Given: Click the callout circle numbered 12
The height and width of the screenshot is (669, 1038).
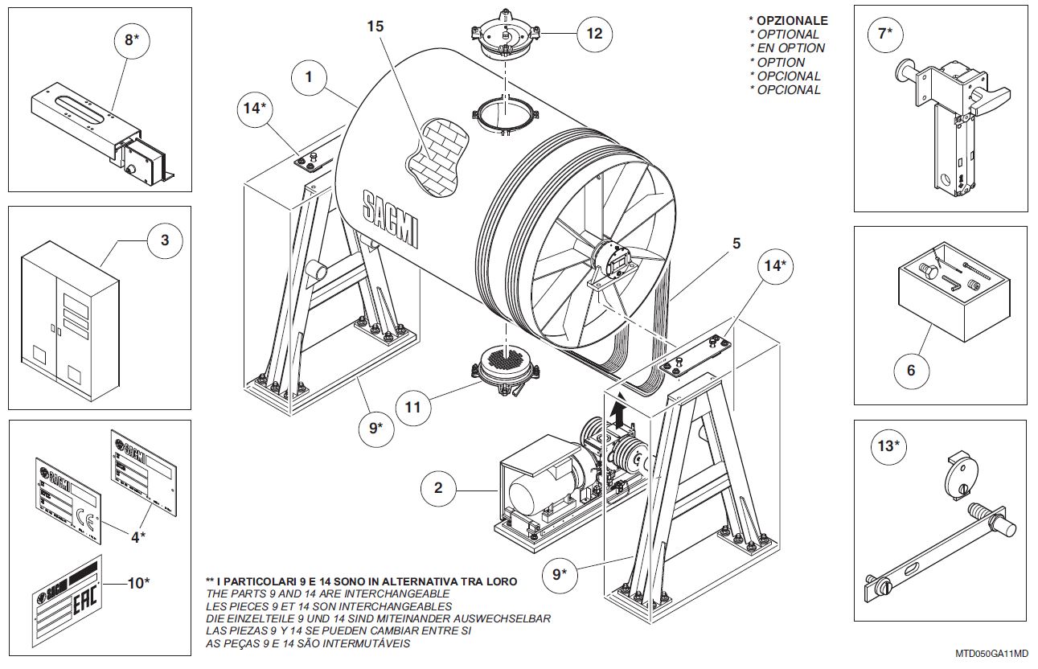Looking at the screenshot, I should tap(594, 34).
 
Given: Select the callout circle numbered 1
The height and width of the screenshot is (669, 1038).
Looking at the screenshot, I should tap(309, 78).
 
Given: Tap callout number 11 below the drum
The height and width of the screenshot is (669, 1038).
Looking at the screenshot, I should tap(412, 407).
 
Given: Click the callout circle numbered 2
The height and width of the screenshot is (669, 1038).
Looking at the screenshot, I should tap(438, 487).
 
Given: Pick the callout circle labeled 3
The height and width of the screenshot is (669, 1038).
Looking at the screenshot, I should tap(165, 240).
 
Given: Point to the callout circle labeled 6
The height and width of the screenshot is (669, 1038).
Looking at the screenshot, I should tap(911, 370).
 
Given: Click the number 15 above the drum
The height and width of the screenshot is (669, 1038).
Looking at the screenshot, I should tap(375, 26).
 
